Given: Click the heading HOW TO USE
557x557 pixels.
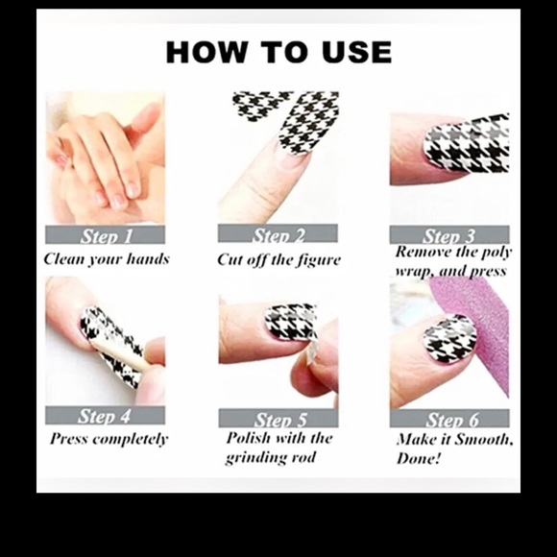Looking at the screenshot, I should [278, 52].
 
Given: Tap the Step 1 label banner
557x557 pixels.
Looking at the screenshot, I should [105, 235].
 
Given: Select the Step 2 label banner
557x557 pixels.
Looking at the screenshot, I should [278, 234].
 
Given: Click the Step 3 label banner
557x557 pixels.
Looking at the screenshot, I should [448, 235].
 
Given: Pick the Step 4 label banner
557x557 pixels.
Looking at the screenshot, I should [105, 416].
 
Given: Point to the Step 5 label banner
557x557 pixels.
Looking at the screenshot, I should [278, 419].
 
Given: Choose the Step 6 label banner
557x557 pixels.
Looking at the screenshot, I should [448, 419].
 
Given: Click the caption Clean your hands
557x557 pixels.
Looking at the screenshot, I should [106, 258].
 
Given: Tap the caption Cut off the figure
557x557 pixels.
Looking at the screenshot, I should [278, 259].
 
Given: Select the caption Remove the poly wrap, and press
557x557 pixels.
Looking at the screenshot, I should [454, 260].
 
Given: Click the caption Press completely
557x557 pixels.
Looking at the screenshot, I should [109, 439].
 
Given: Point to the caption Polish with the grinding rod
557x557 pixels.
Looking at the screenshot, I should [278, 448].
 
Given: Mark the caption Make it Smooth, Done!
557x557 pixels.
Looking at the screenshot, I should [454, 448].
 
